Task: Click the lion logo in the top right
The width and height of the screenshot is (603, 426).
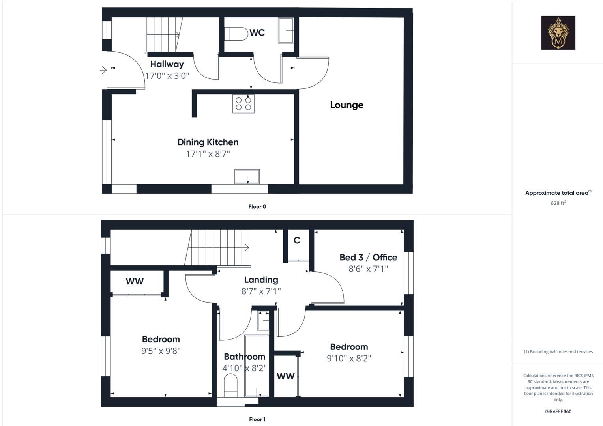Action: point(558,33)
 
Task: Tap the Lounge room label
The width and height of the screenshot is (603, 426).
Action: point(346,105)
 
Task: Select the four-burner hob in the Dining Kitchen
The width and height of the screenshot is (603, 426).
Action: point(243,104)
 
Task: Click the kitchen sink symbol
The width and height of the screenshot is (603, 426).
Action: point(247,176)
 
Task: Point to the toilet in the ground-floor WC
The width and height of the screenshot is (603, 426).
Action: point(235,34)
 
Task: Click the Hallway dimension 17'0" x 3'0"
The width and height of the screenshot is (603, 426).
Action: point(167,76)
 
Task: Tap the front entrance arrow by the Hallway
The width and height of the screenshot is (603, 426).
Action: point(103,70)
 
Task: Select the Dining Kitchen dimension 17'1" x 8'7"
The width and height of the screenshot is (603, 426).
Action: point(208,154)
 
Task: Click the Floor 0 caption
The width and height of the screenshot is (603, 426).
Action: point(257,207)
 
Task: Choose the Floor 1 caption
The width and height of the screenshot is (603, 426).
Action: point(257,419)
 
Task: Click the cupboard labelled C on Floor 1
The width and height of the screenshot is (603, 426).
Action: point(297,240)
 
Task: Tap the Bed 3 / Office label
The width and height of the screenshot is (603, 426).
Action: point(368,258)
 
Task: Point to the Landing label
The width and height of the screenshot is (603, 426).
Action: point(261,280)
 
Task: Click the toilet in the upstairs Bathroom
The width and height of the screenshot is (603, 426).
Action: point(230,385)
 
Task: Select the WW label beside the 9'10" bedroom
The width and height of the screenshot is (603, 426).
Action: point(285,376)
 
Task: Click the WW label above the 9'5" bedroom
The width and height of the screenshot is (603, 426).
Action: point(135,282)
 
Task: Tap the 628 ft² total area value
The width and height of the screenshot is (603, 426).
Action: point(558,203)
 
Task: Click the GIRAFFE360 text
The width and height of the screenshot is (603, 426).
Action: point(558,411)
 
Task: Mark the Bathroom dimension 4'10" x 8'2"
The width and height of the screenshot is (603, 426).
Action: point(244,368)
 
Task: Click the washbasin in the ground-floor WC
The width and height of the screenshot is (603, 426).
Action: point(286,30)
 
